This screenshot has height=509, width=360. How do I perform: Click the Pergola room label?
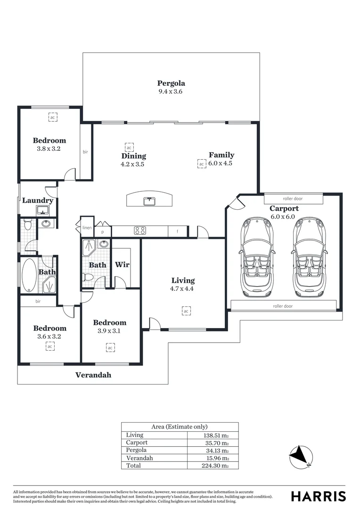tap(171, 83)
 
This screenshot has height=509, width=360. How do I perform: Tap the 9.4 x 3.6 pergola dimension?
tap(171, 91)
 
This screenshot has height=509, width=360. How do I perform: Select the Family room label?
tap(221, 155)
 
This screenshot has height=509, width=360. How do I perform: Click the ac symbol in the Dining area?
tap(129, 148)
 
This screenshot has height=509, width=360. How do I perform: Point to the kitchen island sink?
tap(149, 201)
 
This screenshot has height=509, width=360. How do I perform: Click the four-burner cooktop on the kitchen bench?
tap(140, 231)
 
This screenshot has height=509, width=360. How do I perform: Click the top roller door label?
tap(293, 198)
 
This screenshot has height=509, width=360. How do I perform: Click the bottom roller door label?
tap(283, 306)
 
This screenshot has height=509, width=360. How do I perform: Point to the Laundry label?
tap(38, 201)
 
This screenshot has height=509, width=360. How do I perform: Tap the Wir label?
tap(122, 265)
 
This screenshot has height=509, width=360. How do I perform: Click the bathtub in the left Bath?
tap(30, 275)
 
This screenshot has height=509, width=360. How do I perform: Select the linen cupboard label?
tap(87, 228)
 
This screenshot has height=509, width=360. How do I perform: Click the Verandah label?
tap(93, 375)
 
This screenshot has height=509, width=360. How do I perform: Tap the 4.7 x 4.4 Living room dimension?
tap(182, 288)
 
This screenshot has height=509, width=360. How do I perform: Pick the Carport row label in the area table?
tap(137, 443)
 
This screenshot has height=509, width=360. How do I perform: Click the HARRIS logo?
tap(319, 496)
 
